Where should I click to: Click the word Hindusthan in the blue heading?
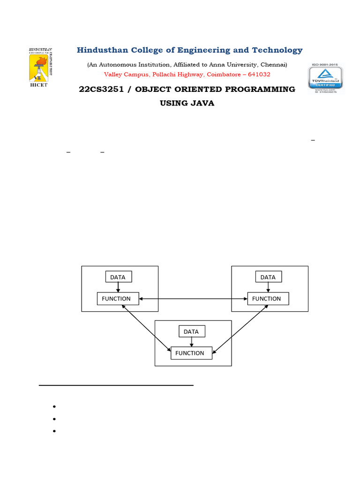coord(101,50)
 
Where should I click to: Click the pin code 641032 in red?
coord(259,75)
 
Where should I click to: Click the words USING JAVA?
coord(187,103)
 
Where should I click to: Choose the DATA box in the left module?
coord(118,277)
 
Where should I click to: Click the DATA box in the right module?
coord(268,277)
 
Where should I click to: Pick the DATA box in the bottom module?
coord(191,331)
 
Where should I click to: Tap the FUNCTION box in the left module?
coord(118,299)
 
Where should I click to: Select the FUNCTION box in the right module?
coord(268,299)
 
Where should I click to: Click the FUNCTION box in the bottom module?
coord(191,353)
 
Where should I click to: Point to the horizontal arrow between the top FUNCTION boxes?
coord(193,299)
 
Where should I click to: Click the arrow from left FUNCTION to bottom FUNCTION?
coord(146,328)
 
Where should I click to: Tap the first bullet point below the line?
coord(55,406)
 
